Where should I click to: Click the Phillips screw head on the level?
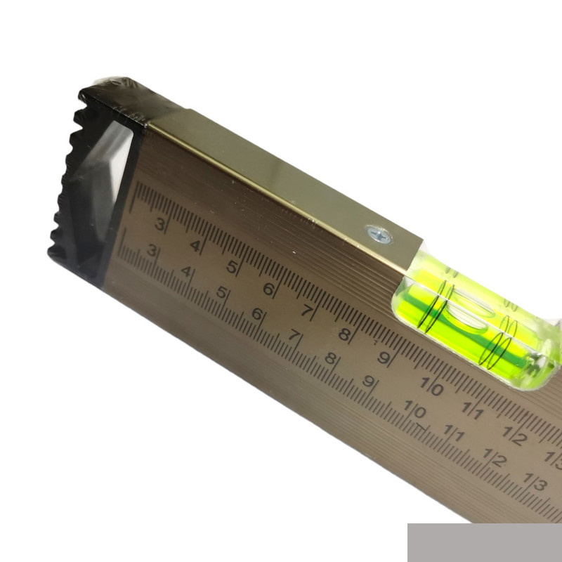tap(379, 235)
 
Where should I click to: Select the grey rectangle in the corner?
tap(485, 542)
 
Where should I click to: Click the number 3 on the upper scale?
tap(160, 224)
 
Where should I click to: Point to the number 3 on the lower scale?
tap(152, 250)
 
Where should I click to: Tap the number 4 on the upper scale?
tap(195, 246)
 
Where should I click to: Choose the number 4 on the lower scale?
tap(186, 271)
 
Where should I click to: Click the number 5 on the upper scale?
tap(232, 268)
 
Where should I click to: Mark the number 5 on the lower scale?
tap(222, 292)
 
